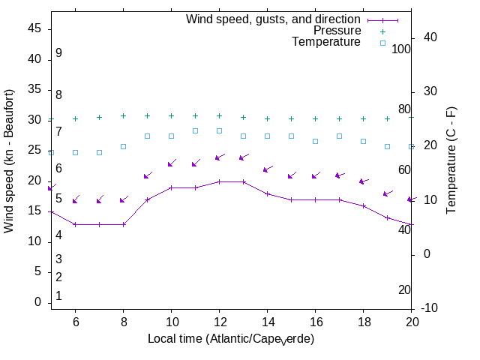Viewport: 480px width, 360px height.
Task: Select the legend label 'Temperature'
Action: tap(326, 42)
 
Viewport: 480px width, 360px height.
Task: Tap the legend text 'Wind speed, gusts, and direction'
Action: tap(274, 19)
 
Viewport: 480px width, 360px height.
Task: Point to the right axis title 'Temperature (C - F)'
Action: tap(452, 159)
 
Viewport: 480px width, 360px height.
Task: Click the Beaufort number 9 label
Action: tap(58, 53)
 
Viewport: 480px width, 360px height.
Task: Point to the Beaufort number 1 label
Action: tap(58, 296)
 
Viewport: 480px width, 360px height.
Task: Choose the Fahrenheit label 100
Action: tap(402, 49)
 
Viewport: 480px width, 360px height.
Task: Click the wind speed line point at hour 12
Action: tap(219, 181)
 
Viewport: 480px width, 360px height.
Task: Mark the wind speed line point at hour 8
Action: tap(123, 224)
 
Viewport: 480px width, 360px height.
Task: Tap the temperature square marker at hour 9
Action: tap(147, 136)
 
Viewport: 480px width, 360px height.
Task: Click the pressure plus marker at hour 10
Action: tap(171, 116)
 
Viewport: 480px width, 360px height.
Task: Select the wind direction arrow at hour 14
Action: tap(267, 169)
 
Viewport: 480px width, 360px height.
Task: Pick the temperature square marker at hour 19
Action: tap(387, 146)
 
